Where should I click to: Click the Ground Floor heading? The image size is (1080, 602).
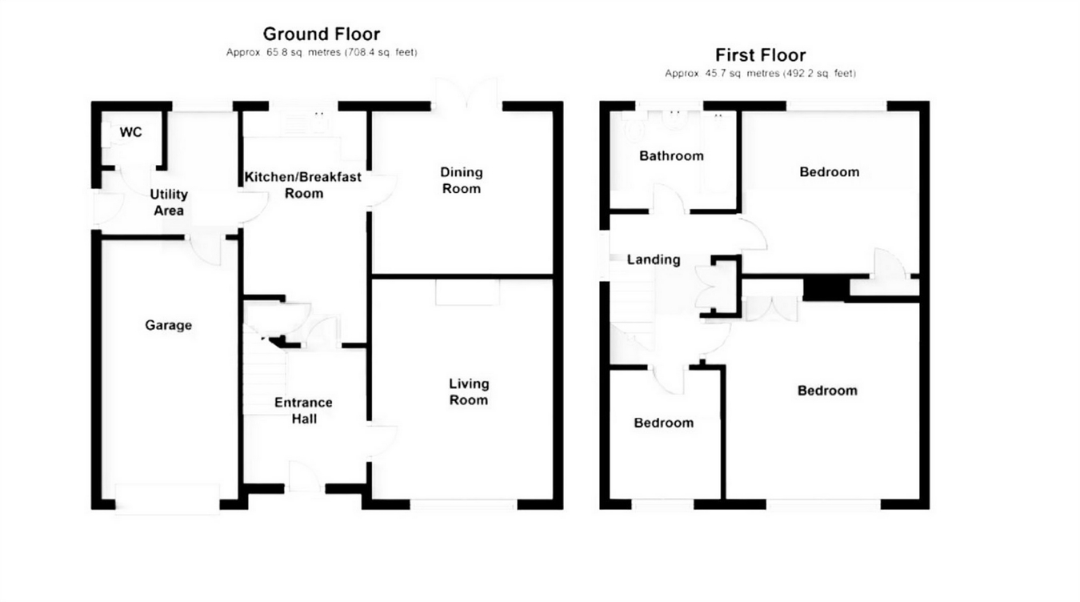[321, 34]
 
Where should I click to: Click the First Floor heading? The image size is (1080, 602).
[760, 55]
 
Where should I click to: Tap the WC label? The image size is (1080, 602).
[131, 132]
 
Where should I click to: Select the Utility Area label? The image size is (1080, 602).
[169, 203]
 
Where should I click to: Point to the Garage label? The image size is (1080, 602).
[168, 325]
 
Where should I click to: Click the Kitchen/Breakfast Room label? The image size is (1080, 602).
[303, 185]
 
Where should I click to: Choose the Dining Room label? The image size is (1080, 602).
[462, 180]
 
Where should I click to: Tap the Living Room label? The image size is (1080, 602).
[468, 392]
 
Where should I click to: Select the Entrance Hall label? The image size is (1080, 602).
[303, 410]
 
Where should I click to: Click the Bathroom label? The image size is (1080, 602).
[671, 155]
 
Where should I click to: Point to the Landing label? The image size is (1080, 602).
[654, 259]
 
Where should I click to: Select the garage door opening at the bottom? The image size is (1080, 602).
[167, 498]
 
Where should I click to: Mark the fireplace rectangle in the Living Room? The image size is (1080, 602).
[467, 292]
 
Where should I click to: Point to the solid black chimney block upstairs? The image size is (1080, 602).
[826, 288]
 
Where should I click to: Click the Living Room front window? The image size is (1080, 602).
[463, 504]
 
